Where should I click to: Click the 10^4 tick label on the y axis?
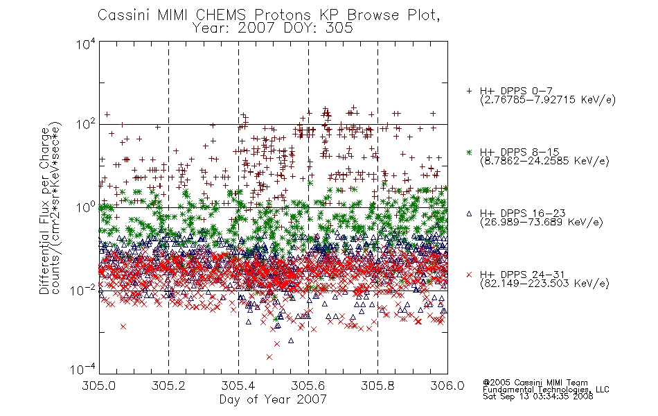[86, 44]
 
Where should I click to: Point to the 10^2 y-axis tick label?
[86, 125]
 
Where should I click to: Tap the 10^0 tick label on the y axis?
[86, 207]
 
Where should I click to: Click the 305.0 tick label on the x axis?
[99, 385]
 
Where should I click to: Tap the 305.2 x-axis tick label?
[169, 385]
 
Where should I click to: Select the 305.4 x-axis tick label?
[238, 385]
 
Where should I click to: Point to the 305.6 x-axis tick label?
[308, 385]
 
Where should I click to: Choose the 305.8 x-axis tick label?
[377, 385]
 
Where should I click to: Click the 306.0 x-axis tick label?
[447, 385]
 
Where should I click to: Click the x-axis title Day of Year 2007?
[273, 399]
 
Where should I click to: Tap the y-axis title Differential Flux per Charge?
[44, 211]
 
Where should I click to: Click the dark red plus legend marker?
[469, 91]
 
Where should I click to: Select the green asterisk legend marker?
[469, 152]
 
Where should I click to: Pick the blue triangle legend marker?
[469, 214]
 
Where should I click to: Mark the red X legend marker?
[469, 275]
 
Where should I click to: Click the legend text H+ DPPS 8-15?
[519, 152]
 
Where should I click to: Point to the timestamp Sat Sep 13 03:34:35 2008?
[538, 397]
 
